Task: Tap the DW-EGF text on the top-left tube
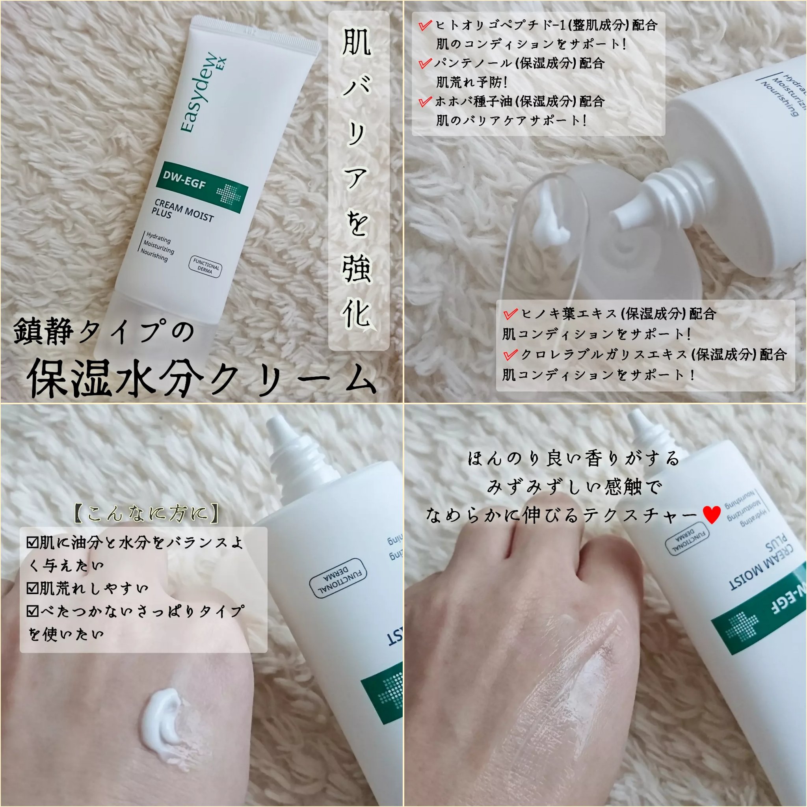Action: (184, 180)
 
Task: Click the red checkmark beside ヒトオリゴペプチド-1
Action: (425, 26)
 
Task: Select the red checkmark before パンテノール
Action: (425, 63)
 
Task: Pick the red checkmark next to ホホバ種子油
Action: (425, 102)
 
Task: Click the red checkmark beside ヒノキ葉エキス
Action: (510, 314)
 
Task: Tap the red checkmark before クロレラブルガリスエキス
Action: (510, 355)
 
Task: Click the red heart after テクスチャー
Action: (712, 515)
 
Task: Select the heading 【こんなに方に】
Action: (146, 513)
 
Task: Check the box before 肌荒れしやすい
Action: (32, 589)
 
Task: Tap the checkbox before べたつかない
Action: (32, 612)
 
